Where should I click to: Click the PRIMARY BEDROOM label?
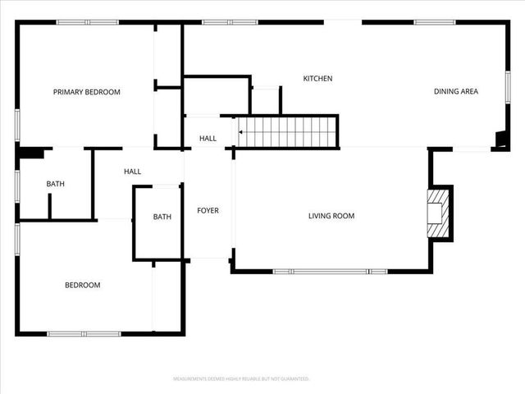[86, 92]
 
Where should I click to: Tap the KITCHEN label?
[317, 79]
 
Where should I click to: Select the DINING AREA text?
[455, 91]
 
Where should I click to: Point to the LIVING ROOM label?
[331, 216]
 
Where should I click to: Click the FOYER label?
[208, 211]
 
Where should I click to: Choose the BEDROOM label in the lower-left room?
[82, 285]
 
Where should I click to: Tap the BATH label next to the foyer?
[162, 217]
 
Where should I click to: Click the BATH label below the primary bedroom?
[55, 185]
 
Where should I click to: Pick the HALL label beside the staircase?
[208, 139]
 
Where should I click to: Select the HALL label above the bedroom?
[132, 172]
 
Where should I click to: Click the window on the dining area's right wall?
[508, 87]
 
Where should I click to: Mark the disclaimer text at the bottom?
[240, 379]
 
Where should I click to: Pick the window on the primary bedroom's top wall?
[86, 22]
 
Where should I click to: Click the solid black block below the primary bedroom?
[30, 153]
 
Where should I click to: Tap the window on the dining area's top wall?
[435, 22]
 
